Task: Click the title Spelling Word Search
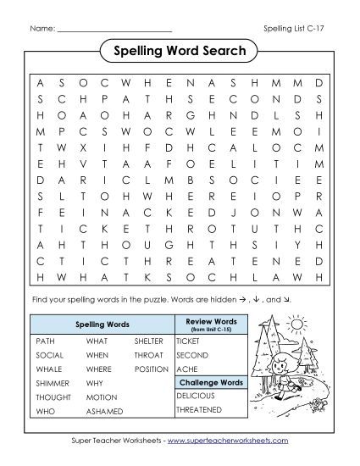pyautogui.click(x=179, y=52)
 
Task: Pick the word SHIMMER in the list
pyautogui.click(x=52, y=383)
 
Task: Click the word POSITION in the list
pyautogui.click(x=152, y=369)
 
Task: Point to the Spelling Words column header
pyautogui.click(x=102, y=324)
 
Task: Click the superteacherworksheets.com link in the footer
pyautogui.click(x=230, y=441)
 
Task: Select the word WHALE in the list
pyautogui.click(x=48, y=369)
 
